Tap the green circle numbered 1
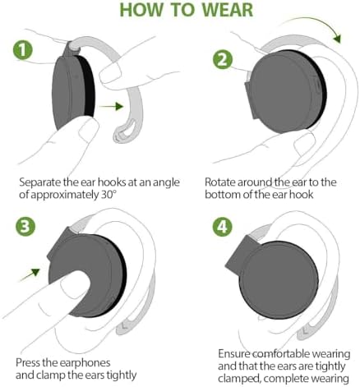tap(23, 50)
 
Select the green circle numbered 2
tap(223, 60)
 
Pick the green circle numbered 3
tap(25, 227)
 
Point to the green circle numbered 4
tap(222, 227)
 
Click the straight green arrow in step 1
tap(111, 106)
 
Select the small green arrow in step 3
tap(30, 274)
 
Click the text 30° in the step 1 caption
tap(107, 195)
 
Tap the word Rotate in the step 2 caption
tap(220, 182)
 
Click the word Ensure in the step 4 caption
tap(233, 354)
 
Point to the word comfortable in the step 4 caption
tap(281, 354)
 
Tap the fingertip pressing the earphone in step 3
tap(75, 283)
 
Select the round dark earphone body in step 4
tap(279, 281)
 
